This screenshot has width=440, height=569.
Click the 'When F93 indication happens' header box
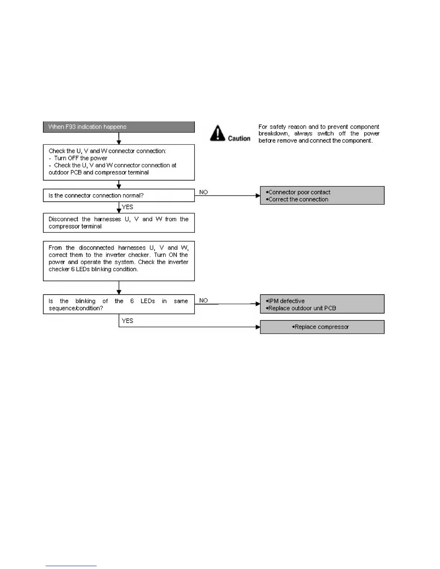point(119,127)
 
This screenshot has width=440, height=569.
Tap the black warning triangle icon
point(217,133)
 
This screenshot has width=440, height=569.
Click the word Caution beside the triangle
point(239,138)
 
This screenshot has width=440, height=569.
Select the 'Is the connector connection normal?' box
point(119,195)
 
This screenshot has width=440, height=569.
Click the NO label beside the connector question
point(203,192)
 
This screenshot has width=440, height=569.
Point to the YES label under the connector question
point(128,207)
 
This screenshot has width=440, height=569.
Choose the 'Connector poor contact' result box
point(322,195)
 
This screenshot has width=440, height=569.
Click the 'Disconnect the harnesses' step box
point(119,223)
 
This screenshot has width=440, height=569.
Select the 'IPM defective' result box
point(322,304)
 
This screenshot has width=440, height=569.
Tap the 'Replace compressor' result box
point(322,327)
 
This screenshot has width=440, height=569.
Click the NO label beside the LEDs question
point(203,300)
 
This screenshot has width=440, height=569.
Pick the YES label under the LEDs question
point(128,321)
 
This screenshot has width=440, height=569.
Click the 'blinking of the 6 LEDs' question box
point(119,305)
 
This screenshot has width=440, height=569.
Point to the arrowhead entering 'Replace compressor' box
point(258,327)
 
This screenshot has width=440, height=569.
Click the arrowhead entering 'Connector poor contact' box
point(258,196)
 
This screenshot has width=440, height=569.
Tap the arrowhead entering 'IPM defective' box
point(258,304)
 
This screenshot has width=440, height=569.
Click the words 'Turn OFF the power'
point(81,158)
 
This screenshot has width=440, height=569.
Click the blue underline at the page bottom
point(71,566)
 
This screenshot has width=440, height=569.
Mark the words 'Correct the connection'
point(298,199)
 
